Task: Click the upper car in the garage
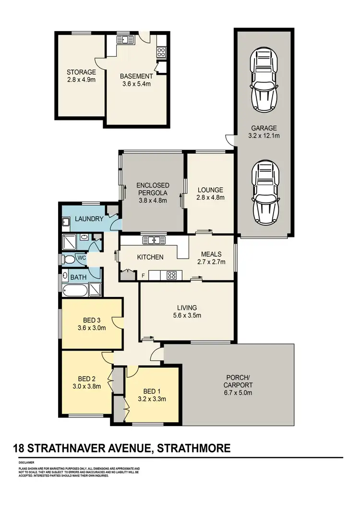pyautogui.click(x=264, y=81)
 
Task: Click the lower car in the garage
pyautogui.click(x=264, y=192)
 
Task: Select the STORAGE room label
pyautogui.click(x=81, y=72)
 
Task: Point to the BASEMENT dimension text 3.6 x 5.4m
pyautogui.click(x=136, y=83)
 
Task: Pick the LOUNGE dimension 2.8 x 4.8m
pyautogui.click(x=210, y=197)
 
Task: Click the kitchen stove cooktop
pyautogui.click(x=171, y=275)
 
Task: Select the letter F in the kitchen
pyautogui.click(x=143, y=275)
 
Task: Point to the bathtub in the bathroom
pyautogui.click(x=75, y=290)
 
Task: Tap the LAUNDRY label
pyautogui.click(x=89, y=219)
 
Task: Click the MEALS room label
pyautogui.click(x=211, y=254)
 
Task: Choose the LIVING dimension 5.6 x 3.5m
pyautogui.click(x=187, y=316)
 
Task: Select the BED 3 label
pyautogui.click(x=92, y=320)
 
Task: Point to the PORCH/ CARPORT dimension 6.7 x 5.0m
pyautogui.click(x=238, y=392)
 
